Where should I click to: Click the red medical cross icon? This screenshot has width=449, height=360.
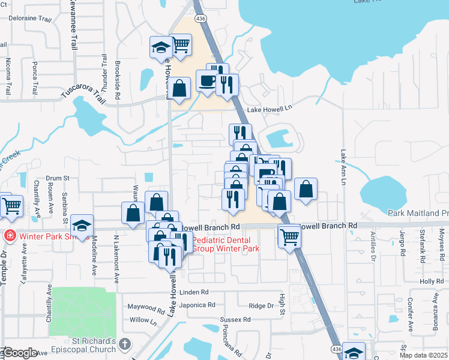point(10,236)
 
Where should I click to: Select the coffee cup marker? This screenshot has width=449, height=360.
point(207,80)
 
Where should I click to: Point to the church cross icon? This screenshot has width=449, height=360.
point(124,344)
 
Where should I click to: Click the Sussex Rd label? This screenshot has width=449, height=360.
point(235,319)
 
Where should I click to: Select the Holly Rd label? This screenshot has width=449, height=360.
point(431,281)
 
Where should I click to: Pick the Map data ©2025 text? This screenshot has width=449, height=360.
point(423,355)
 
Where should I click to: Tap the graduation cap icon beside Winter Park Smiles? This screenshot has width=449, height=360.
point(82,226)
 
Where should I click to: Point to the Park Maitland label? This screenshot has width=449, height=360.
point(418,213)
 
